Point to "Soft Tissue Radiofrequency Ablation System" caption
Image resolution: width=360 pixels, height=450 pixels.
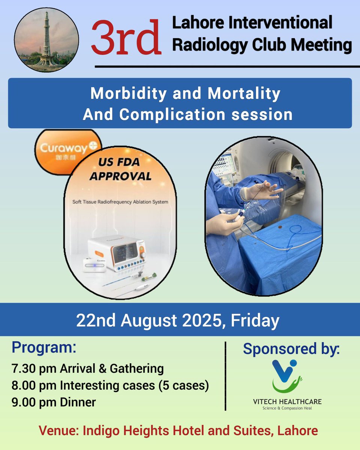point(120,202)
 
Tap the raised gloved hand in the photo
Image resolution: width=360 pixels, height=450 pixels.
point(262,189)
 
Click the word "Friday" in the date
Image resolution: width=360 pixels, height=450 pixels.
point(255,321)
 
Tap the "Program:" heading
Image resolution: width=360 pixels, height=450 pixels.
point(43,348)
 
